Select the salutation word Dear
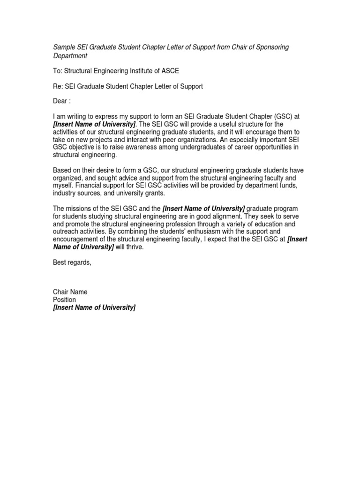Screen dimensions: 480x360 coord(60,101)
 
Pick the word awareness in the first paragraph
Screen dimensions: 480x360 coord(139,147)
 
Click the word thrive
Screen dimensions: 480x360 coord(135,247)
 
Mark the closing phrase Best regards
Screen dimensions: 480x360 coord(72,262)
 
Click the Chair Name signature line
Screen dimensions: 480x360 coord(70,292)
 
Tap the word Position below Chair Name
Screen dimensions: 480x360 coord(65,300)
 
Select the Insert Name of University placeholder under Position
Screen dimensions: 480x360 coord(94,307)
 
